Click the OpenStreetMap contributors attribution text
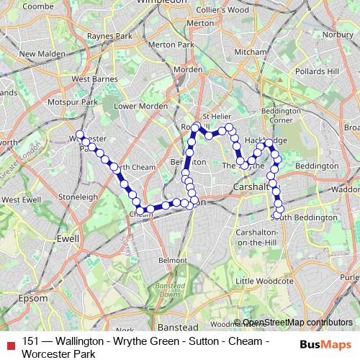(x=297, y=323)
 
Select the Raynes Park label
(x=107, y=35)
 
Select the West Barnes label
(x=89, y=79)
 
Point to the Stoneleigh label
(x=79, y=196)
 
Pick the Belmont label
(x=172, y=259)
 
